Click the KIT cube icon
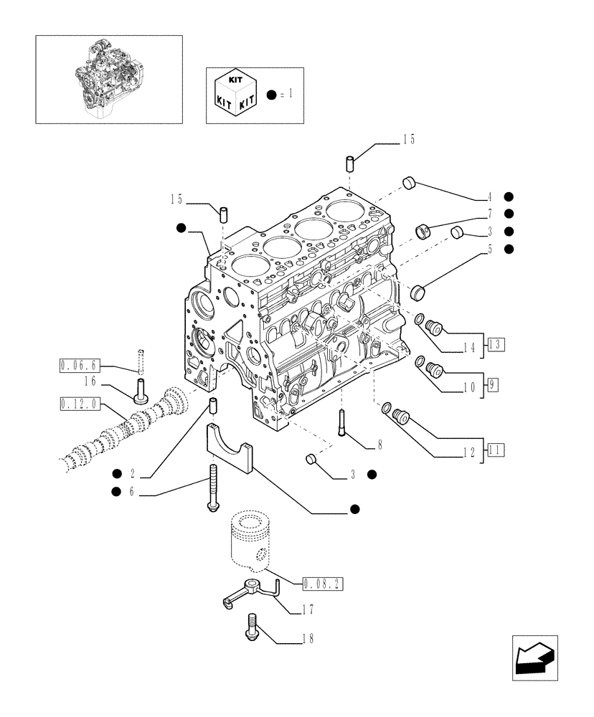point(234,95)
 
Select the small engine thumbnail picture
point(108,79)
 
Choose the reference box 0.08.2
point(323,583)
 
